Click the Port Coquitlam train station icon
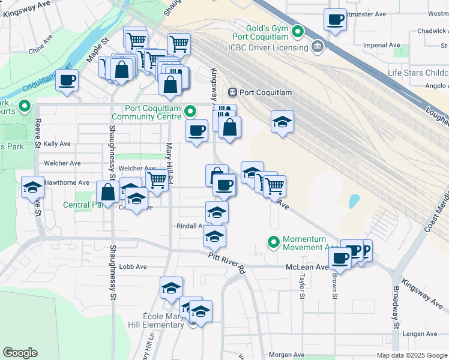(233, 92)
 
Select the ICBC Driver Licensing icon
(316, 47)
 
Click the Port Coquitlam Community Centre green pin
(190, 112)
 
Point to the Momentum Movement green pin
(274, 243)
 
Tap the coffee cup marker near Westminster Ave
(336, 19)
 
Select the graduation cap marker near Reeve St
(32, 187)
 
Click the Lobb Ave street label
(133, 266)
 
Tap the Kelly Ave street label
(57, 144)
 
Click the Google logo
(20, 353)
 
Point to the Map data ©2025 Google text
(411, 355)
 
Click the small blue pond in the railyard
(353, 200)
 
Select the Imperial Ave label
(386, 45)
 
